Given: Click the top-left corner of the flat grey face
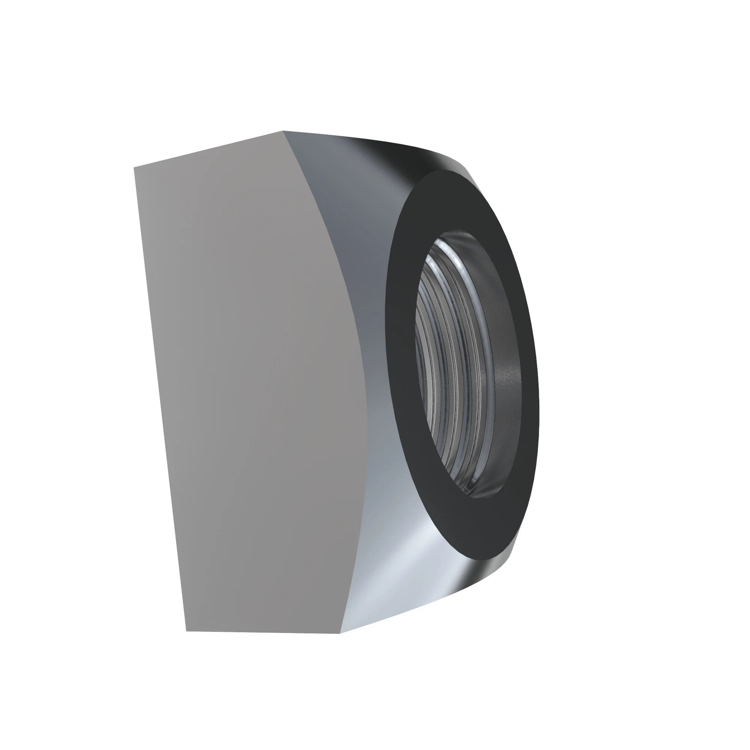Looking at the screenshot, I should tap(134, 168).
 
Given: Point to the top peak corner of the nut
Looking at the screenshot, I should tap(283, 131).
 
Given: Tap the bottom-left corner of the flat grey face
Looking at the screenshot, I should tap(187, 630).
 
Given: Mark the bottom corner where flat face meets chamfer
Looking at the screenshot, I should tap(340, 633).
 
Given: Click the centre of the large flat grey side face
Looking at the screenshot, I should tap(249, 388).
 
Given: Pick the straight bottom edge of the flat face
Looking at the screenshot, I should tap(264, 631).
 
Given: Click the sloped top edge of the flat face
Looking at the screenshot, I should tap(210, 149).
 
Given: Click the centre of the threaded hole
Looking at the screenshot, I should tap(466, 365).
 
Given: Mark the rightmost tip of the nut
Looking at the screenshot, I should tap(538, 388).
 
